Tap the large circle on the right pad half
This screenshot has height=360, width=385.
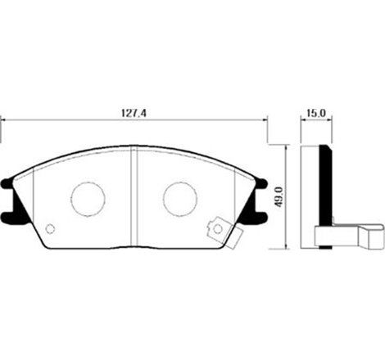click(x=180, y=196)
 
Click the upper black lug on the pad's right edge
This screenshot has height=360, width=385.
click(x=260, y=186)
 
